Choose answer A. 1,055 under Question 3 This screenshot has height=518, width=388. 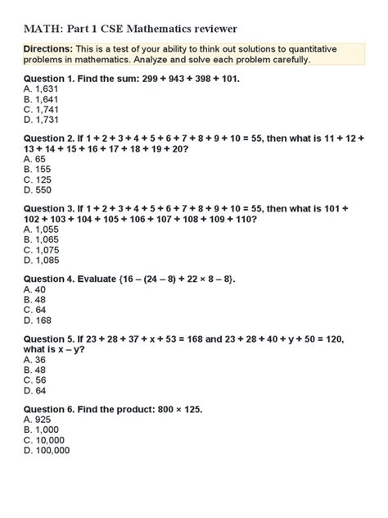pyautogui.click(x=40, y=230)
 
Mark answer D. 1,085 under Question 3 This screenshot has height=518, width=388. pyautogui.click(x=40, y=260)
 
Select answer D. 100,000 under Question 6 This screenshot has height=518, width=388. pyautogui.click(x=47, y=449)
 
